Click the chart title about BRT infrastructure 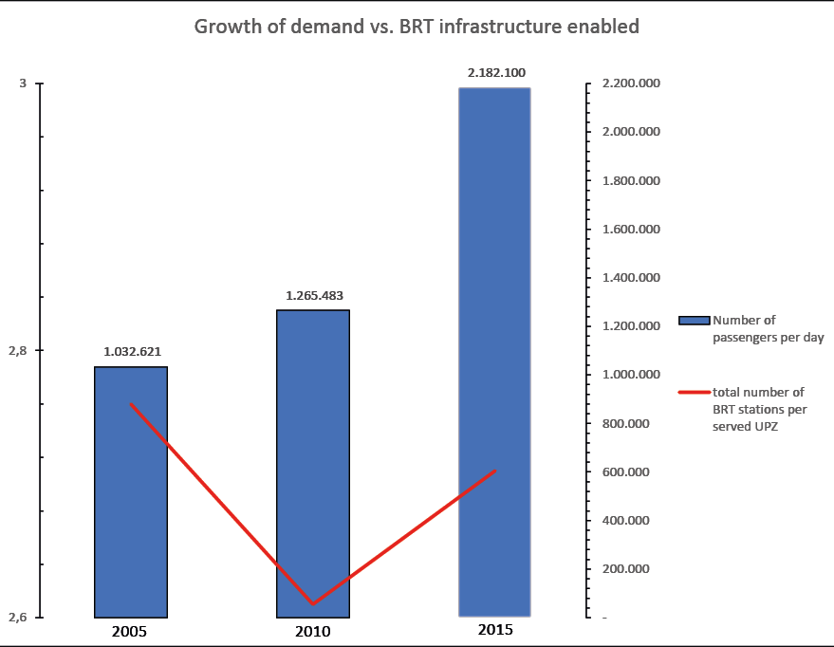[x=417, y=27]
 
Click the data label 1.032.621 [x=131, y=351]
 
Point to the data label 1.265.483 [x=313, y=295]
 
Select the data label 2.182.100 [x=495, y=72]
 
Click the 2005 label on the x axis [x=129, y=630]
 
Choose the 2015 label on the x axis [x=495, y=630]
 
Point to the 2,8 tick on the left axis [x=18, y=351]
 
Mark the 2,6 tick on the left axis [x=18, y=618]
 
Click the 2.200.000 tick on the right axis [x=631, y=84]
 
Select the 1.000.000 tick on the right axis [x=631, y=375]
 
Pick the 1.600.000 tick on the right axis [x=631, y=230]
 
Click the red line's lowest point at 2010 [x=313, y=603]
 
